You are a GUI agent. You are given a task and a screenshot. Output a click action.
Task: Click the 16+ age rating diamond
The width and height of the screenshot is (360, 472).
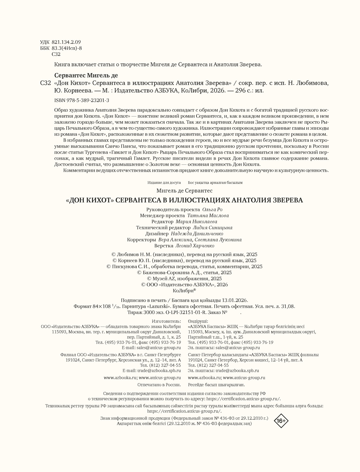(x=281, y=421)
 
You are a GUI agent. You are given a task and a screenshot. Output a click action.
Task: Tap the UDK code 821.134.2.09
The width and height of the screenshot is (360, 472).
(x=66, y=42)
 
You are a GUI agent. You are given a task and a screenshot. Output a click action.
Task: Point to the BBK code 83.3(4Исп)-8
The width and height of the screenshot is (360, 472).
(x=67, y=48)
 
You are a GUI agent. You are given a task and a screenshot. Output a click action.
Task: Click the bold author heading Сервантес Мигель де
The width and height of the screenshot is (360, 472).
(x=86, y=75)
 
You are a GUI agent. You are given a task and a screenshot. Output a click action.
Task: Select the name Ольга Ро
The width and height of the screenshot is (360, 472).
(x=213, y=210)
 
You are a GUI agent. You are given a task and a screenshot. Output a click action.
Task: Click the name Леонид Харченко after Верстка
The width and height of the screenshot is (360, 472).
(x=195, y=246)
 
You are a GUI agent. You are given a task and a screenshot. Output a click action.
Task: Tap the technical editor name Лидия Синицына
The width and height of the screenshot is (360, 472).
(x=212, y=228)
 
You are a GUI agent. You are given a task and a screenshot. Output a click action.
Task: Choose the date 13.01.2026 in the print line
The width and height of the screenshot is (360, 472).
(x=235, y=300)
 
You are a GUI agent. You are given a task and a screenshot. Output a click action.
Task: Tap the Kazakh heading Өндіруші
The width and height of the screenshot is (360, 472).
(x=198, y=321)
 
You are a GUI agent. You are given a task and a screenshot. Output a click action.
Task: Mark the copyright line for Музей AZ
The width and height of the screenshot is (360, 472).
(x=184, y=279)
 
